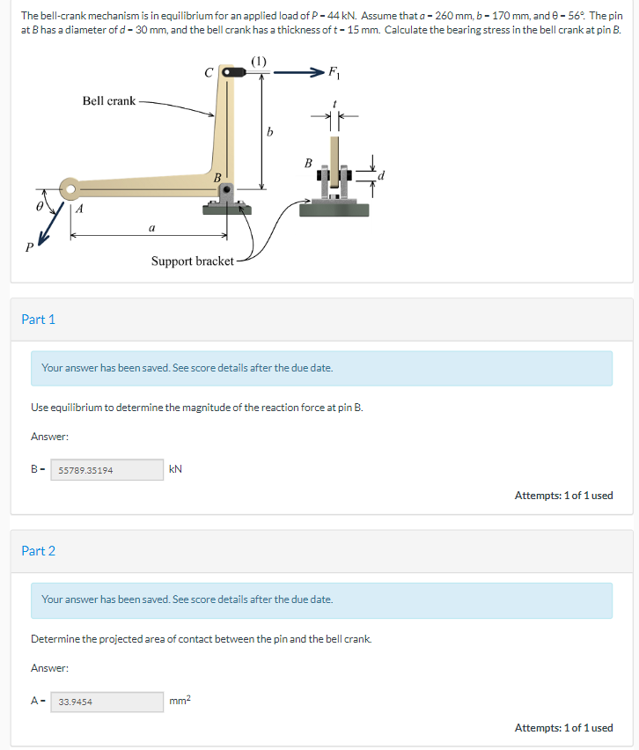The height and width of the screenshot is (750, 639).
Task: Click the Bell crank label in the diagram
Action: [109, 101]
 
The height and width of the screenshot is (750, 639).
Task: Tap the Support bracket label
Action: [193, 261]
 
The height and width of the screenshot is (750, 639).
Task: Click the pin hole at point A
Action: [70, 187]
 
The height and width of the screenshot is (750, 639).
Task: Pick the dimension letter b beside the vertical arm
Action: [270, 133]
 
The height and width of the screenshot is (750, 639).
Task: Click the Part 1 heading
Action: [39, 320]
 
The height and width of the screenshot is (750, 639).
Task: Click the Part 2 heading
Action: [39, 551]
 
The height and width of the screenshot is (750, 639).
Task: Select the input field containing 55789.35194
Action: [107, 470]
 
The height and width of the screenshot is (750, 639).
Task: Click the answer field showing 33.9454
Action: [107, 702]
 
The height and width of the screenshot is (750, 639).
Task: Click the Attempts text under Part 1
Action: [563, 496]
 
